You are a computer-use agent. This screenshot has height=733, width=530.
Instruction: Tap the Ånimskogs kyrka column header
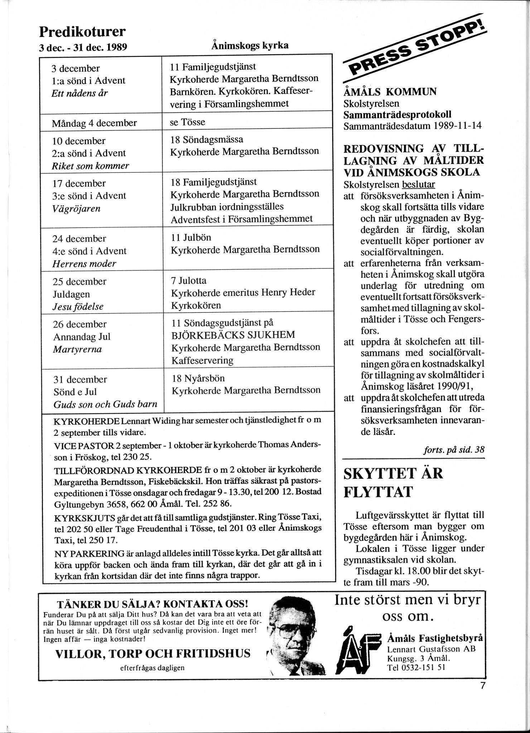250,46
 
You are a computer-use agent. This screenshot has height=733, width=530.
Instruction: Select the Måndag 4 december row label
94,123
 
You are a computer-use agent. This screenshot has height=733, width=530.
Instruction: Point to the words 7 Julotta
189,281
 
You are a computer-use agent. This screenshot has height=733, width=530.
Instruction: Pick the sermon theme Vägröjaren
76,208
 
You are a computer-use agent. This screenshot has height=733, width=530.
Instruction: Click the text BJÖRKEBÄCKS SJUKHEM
233,335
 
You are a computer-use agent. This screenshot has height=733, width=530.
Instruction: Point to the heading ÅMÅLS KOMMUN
390,92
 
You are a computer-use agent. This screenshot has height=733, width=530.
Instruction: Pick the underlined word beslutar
419,185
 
